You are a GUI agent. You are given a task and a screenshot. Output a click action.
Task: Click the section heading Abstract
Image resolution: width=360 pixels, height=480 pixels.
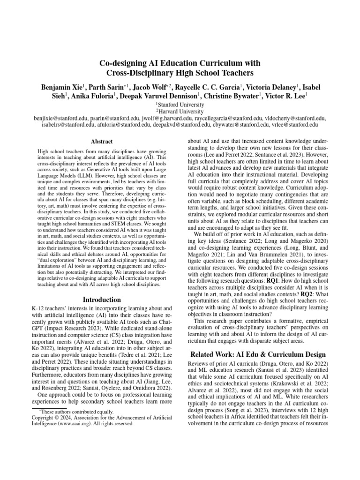[x=102, y=141]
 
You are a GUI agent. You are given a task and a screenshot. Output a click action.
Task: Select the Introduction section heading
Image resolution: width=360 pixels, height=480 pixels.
[x=102, y=300]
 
